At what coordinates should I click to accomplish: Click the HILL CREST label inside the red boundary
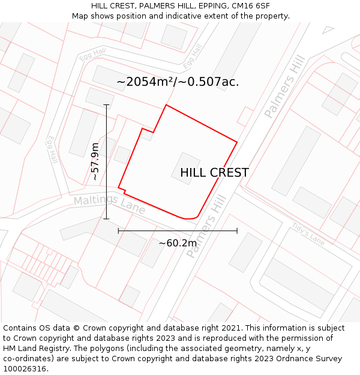(214, 173)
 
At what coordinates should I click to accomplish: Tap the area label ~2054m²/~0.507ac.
(178, 82)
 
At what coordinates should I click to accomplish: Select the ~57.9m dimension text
(95, 161)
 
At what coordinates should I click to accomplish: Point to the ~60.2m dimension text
(178, 243)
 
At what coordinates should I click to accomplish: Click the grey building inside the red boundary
(186, 168)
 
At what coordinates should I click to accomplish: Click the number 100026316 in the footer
(26, 369)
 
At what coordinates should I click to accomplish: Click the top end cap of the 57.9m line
(107, 105)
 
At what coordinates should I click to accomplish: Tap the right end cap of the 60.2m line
(237, 230)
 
